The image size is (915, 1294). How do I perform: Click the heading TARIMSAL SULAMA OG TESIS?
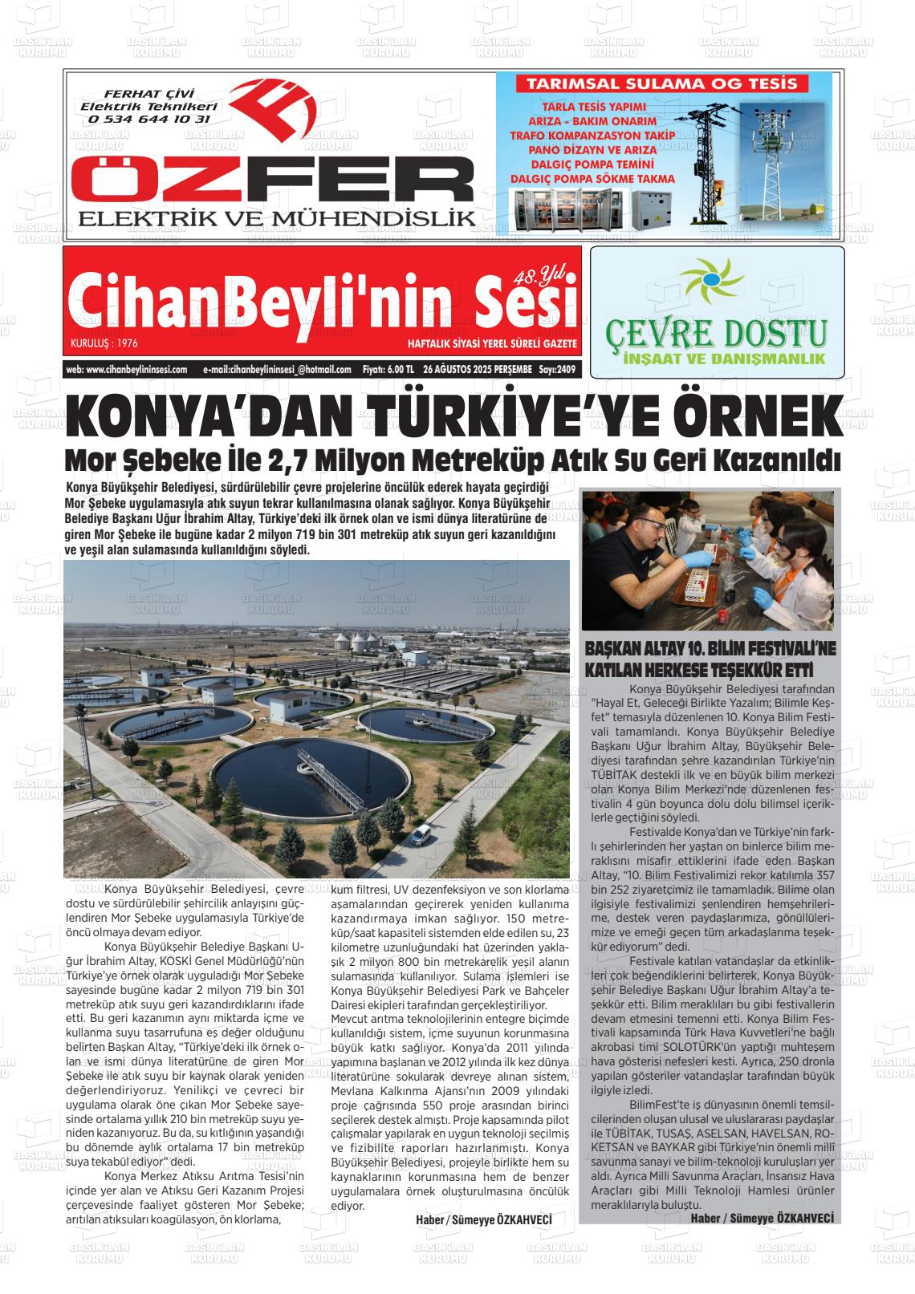(661, 83)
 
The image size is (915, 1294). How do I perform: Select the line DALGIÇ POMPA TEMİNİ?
(593, 164)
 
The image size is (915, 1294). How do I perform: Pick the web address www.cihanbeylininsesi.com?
(127, 370)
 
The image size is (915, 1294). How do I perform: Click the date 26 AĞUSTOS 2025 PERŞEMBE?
(477, 370)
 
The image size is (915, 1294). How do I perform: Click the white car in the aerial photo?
(420, 834)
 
